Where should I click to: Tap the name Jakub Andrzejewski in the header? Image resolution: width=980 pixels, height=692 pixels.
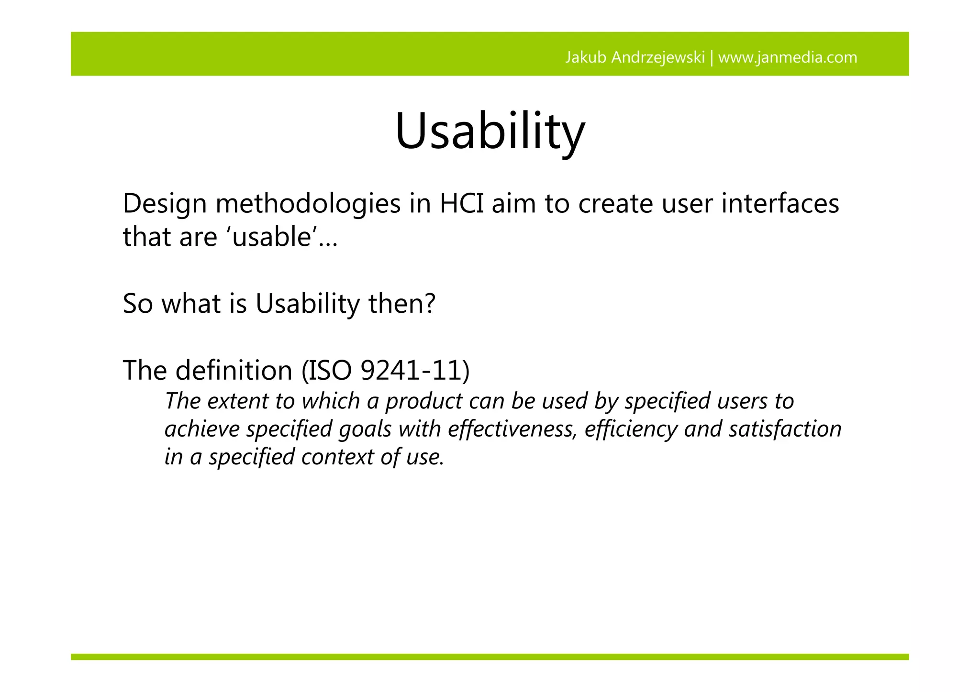point(635,57)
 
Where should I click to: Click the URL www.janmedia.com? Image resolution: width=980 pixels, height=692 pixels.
point(788,57)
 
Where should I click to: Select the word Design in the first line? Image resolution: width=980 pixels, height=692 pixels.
point(165,204)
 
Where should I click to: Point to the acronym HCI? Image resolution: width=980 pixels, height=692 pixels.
point(460,204)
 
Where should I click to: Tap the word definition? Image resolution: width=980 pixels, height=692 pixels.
point(234,371)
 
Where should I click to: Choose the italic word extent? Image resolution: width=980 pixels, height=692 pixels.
point(237,401)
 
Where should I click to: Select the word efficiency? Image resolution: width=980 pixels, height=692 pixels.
point(631,429)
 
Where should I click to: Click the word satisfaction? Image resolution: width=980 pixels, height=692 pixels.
point(785,429)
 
